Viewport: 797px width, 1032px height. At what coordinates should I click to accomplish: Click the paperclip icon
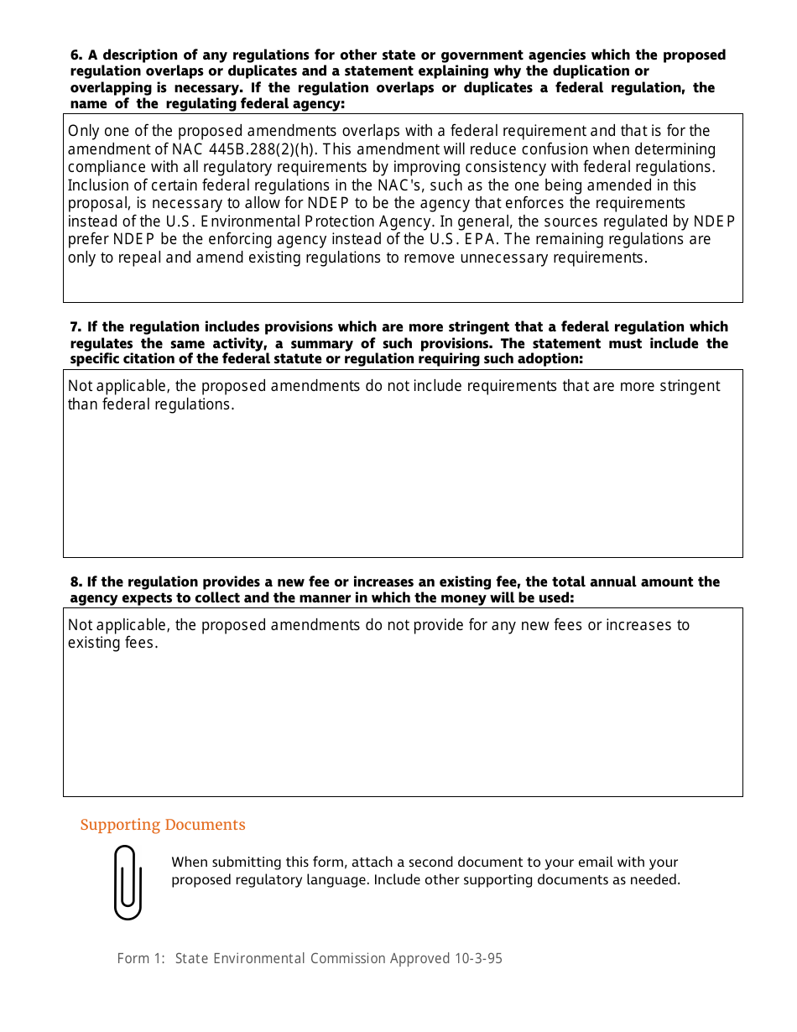click(x=128, y=882)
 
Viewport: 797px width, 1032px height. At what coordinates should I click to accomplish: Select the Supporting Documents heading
click(x=163, y=825)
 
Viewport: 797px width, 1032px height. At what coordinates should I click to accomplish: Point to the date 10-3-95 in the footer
click(x=478, y=958)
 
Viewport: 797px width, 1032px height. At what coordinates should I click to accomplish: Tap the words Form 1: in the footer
click(x=142, y=958)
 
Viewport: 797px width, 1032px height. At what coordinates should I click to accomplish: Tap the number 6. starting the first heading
click(x=76, y=55)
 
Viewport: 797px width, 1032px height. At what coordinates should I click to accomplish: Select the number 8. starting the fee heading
click(x=76, y=581)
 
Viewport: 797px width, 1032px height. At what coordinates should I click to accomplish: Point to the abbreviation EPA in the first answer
click(x=482, y=239)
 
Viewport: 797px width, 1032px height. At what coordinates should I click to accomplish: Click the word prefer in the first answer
click(x=88, y=239)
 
